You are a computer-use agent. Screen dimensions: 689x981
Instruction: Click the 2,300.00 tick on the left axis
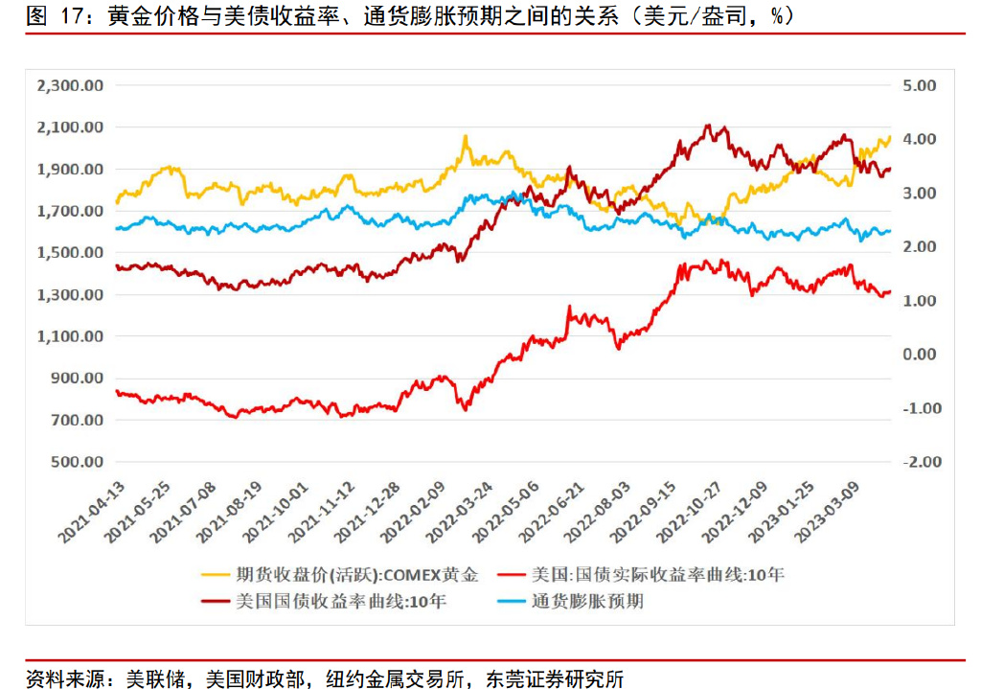(69, 85)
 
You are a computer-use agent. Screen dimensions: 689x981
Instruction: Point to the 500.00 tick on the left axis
(76, 462)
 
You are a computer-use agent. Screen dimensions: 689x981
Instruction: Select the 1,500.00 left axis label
(69, 253)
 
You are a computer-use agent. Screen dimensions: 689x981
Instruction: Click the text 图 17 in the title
(50, 16)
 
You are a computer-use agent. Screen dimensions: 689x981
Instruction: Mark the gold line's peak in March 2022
(466, 136)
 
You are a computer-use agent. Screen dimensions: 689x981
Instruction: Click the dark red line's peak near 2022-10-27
(707, 125)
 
